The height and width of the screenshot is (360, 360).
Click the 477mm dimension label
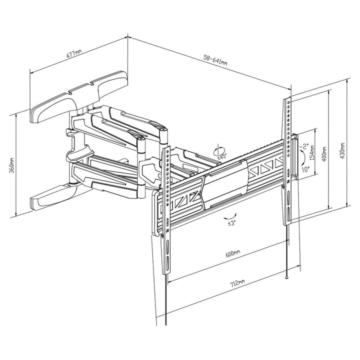74,53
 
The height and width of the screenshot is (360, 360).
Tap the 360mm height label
12,165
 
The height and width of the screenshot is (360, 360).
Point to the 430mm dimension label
342,151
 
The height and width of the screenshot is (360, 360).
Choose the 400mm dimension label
324,154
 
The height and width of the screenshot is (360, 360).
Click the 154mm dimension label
312,152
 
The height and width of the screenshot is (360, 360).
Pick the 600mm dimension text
232,253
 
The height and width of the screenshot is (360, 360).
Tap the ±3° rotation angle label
231,223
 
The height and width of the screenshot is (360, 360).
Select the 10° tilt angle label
305,169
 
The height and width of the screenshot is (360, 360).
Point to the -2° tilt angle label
303,146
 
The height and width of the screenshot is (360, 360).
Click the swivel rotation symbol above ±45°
219,150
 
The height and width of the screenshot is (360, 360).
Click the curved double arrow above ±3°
230,216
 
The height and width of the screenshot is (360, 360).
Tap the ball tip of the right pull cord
286,277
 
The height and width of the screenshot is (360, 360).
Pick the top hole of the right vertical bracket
288,102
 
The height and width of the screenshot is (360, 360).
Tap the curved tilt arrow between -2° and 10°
303,158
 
